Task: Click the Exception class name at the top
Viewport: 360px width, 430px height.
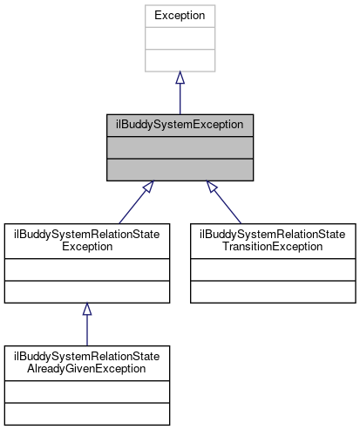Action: click(x=180, y=15)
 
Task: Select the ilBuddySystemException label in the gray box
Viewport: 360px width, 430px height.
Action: click(x=180, y=124)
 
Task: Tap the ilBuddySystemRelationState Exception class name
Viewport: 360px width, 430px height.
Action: click(x=86, y=240)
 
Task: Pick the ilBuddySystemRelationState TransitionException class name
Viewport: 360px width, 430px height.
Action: click(x=273, y=240)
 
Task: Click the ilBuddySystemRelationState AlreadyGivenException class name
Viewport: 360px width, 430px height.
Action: click(x=86, y=362)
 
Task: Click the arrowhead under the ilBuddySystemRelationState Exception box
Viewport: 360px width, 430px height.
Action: click(x=86, y=310)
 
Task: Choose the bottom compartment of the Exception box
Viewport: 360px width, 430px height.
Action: click(x=180, y=60)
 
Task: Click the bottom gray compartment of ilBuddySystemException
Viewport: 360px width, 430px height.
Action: click(x=180, y=169)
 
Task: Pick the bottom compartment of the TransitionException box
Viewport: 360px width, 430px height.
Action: click(x=273, y=291)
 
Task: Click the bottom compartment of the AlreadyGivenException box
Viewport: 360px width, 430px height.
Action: click(x=86, y=413)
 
